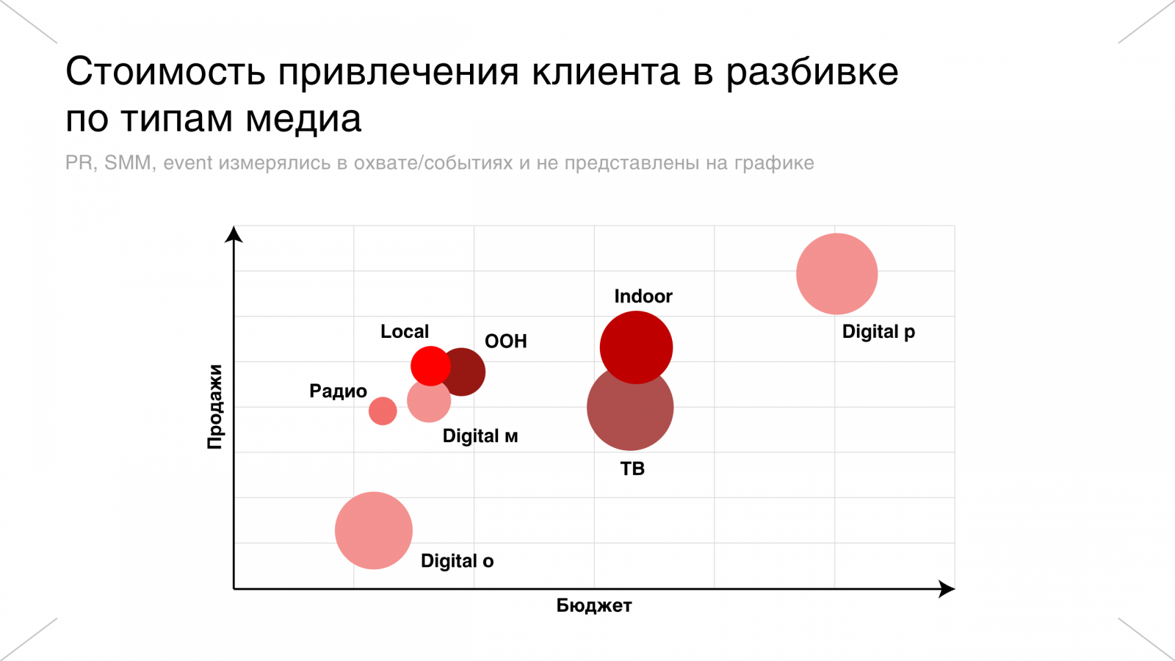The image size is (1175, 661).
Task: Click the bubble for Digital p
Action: pos(836,274)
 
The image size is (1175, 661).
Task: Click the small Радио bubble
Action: pos(383,411)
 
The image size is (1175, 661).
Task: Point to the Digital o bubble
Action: pos(373,530)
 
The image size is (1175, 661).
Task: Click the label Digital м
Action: pos(480,436)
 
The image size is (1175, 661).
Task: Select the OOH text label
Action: pos(505,342)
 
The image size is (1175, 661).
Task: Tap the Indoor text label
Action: pos(643,296)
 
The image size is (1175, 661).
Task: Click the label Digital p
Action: pos(878,332)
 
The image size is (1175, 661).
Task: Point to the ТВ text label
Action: pos(632,469)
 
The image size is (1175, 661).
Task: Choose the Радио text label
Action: pos(338,391)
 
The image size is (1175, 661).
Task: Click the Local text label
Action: pos(405,331)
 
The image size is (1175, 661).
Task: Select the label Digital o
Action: pos(457,561)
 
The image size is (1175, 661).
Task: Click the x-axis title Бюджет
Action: pos(593,606)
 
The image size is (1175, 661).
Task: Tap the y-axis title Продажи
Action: pos(214,406)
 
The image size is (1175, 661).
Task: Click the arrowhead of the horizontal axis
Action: pos(947,589)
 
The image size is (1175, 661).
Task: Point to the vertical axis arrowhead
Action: pos(234,234)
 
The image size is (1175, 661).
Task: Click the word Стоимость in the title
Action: pos(165,72)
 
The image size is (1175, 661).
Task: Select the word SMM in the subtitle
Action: pos(128,162)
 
